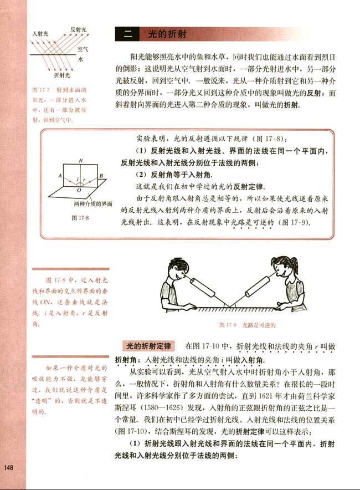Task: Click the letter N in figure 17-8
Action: pos(81,160)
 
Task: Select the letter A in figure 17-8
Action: pos(59,175)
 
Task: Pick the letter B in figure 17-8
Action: pos(101,176)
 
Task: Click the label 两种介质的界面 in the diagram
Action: pos(92,204)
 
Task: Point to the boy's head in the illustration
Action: pos(176,271)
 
